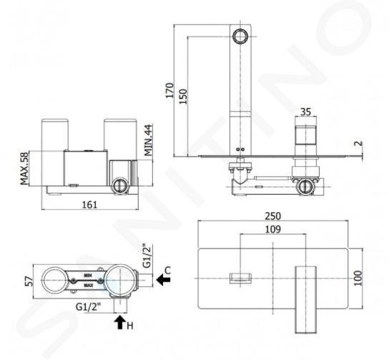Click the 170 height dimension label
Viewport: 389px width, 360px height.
(169, 90)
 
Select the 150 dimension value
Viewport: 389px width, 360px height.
(183, 97)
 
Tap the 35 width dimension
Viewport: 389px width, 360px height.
(305, 112)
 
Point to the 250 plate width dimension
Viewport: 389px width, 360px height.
(273, 216)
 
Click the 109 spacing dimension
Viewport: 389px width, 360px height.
(273, 230)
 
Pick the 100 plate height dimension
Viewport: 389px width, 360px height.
(358, 278)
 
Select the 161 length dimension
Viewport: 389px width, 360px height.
(89, 205)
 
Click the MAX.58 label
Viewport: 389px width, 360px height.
(24, 168)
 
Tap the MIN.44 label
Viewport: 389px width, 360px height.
(148, 140)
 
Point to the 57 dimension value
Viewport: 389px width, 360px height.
(29, 281)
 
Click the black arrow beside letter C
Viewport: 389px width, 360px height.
(163, 280)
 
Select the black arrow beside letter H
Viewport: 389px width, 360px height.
(119, 322)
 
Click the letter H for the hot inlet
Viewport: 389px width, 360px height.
(130, 326)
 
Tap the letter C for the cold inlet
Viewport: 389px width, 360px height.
(168, 270)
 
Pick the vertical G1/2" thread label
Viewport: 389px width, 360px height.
(147, 256)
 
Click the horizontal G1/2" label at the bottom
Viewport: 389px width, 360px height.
(89, 307)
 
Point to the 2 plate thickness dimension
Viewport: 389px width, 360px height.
(359, 144)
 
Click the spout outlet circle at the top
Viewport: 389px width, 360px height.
(240, 37)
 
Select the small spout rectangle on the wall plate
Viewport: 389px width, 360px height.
(240, 278)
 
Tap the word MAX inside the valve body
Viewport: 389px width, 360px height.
(89, 286)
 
